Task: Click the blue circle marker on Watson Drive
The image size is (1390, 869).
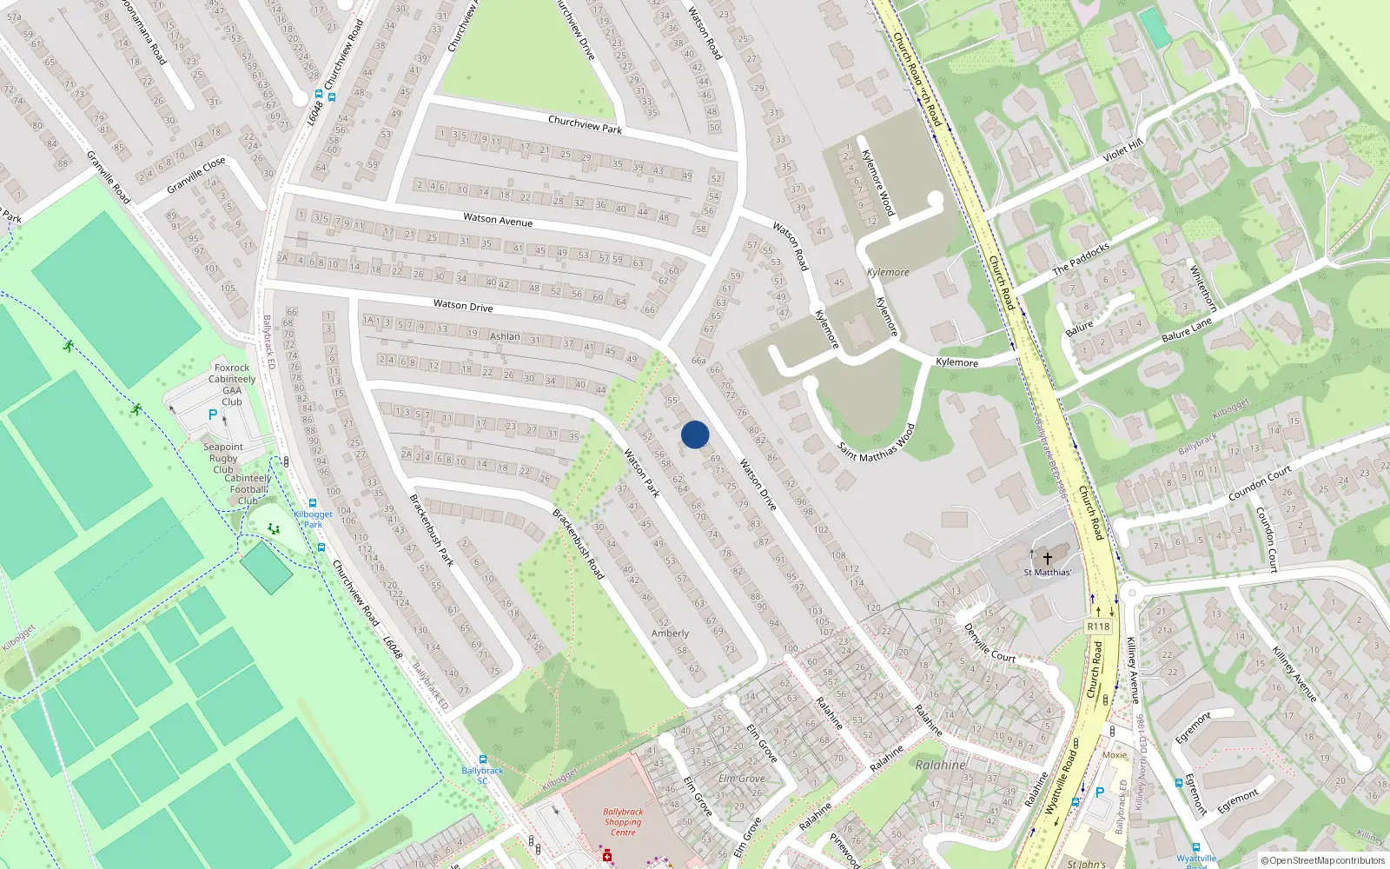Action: tap(695, 434)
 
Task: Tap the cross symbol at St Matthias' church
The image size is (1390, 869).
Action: tap(1047, 558)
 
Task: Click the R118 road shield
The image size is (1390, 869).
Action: tap(1098, 626)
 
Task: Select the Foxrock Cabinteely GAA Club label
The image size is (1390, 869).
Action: tap(232, 384)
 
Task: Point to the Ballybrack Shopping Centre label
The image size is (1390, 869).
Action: tap(623, 822)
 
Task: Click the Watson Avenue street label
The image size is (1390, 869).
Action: tap(498, 220)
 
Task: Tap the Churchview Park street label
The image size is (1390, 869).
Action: tap(585, 124)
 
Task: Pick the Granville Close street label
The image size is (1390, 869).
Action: tap(196, 175)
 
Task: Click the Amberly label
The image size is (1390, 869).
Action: tap(670, 634)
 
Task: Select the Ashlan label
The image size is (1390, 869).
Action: tap(505, 336)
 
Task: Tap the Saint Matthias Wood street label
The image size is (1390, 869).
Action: tap(877, 442)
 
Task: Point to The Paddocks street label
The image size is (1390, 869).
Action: tap(1081, 258)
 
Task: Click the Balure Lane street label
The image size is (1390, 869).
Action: tap(1186, 329)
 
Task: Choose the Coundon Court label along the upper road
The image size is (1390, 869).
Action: tap(1259, 483)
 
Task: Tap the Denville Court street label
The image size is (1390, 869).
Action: tap(990, 643)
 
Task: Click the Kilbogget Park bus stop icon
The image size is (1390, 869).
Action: tap(313, 503)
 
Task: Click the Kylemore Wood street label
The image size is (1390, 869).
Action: tap(877, 182)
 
